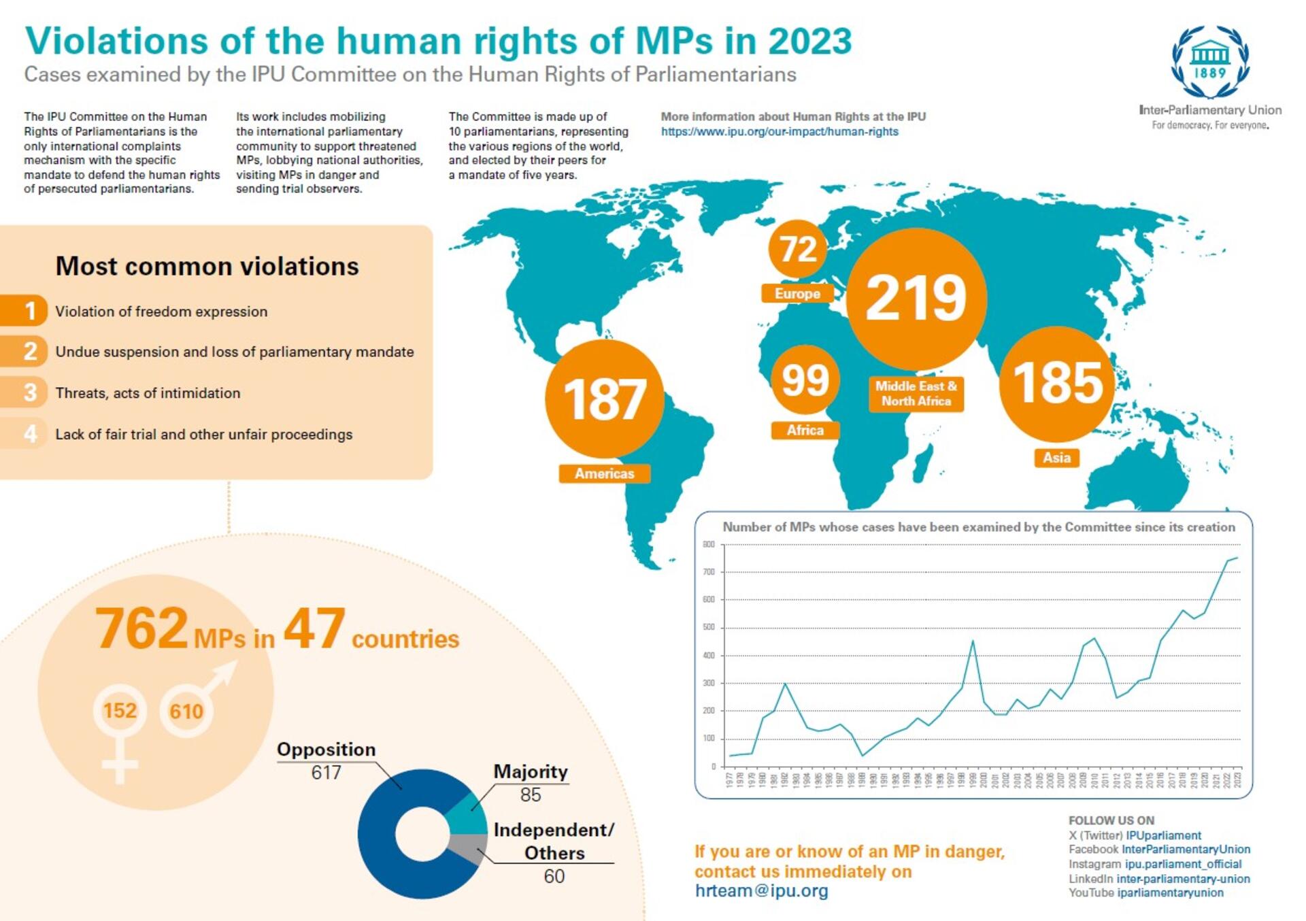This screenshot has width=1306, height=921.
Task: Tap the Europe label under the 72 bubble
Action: coord(797,294)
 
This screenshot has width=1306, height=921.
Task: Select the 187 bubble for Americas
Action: coord(604,399)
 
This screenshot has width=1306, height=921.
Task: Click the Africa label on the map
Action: coord(805,431)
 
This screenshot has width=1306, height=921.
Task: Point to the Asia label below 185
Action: coord(1056,458)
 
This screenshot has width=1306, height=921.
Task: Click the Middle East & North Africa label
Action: coord(916,394)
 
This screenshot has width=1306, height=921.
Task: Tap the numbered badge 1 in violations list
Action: coord(29,311)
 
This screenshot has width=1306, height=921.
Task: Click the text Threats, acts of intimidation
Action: coord(148,393)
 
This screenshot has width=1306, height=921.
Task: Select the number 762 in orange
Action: coord(141,629)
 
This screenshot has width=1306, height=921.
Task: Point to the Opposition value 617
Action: coord(326,773)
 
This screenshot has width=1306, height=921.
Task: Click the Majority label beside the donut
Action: coord(530,771)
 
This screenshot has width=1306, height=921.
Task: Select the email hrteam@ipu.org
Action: coord(761,891)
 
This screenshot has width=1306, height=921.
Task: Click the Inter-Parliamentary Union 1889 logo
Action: coord(1209,63)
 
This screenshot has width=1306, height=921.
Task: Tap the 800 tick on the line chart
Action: coord(709,544)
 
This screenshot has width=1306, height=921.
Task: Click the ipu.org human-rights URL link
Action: coord(780,132)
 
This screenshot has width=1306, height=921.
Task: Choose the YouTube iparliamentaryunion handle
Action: coord(1169,893)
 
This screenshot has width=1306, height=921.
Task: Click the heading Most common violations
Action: coord(207,266)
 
